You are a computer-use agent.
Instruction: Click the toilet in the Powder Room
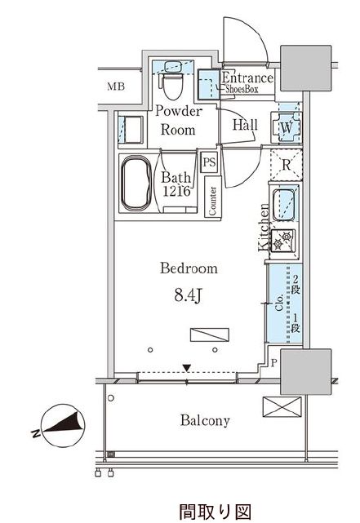tap(174, 86)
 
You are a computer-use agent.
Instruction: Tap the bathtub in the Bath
tap(136, 183)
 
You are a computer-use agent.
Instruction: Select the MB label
tap(116, 86)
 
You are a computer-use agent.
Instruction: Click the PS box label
tap(209, 162)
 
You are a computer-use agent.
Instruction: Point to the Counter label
tap(212, 201)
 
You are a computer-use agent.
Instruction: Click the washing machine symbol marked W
tap(287, 127)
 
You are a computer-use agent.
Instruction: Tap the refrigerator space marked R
tap(287, 165)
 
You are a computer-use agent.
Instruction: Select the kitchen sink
tap(284, 205)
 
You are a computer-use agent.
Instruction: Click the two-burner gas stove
tap(283, 241)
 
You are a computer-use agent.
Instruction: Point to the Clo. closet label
tap(280, 303)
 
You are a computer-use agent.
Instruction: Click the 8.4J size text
tap(188, 295)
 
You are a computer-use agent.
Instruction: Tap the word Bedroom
tap(189, 268)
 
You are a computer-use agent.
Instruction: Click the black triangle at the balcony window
tap(186, 368)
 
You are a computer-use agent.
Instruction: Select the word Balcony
tap(205, 420)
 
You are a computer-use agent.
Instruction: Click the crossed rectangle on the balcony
tap(282, 406)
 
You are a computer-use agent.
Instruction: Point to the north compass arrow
tap(64, 424)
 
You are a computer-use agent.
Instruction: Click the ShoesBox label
tap(242, 90)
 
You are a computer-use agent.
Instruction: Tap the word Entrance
tap(247, 78)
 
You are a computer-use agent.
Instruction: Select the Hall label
tap(245, 125)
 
